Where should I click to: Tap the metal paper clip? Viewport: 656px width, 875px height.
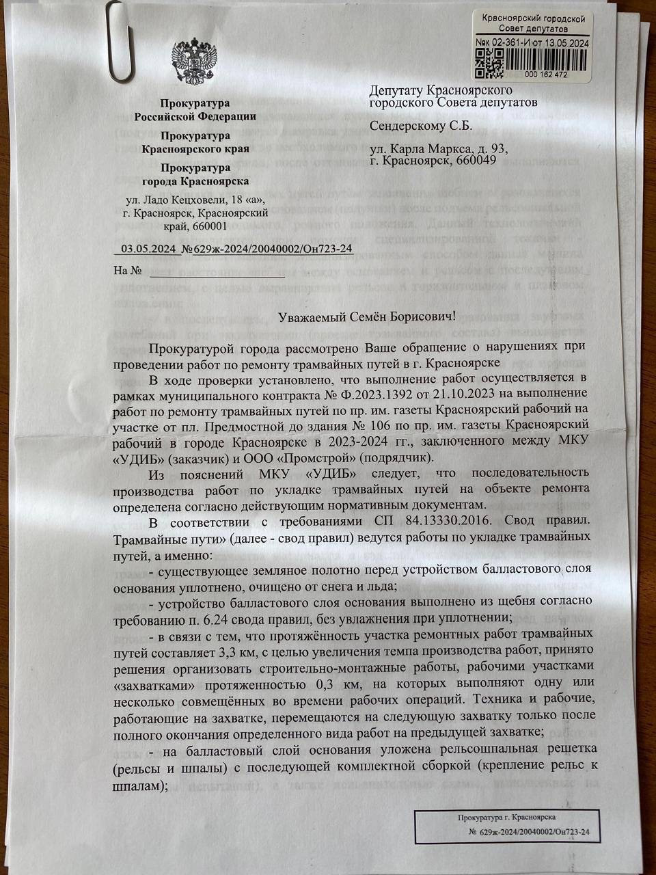tap(119, 41)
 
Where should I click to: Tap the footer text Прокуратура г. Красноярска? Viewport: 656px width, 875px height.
tap(506, 817)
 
